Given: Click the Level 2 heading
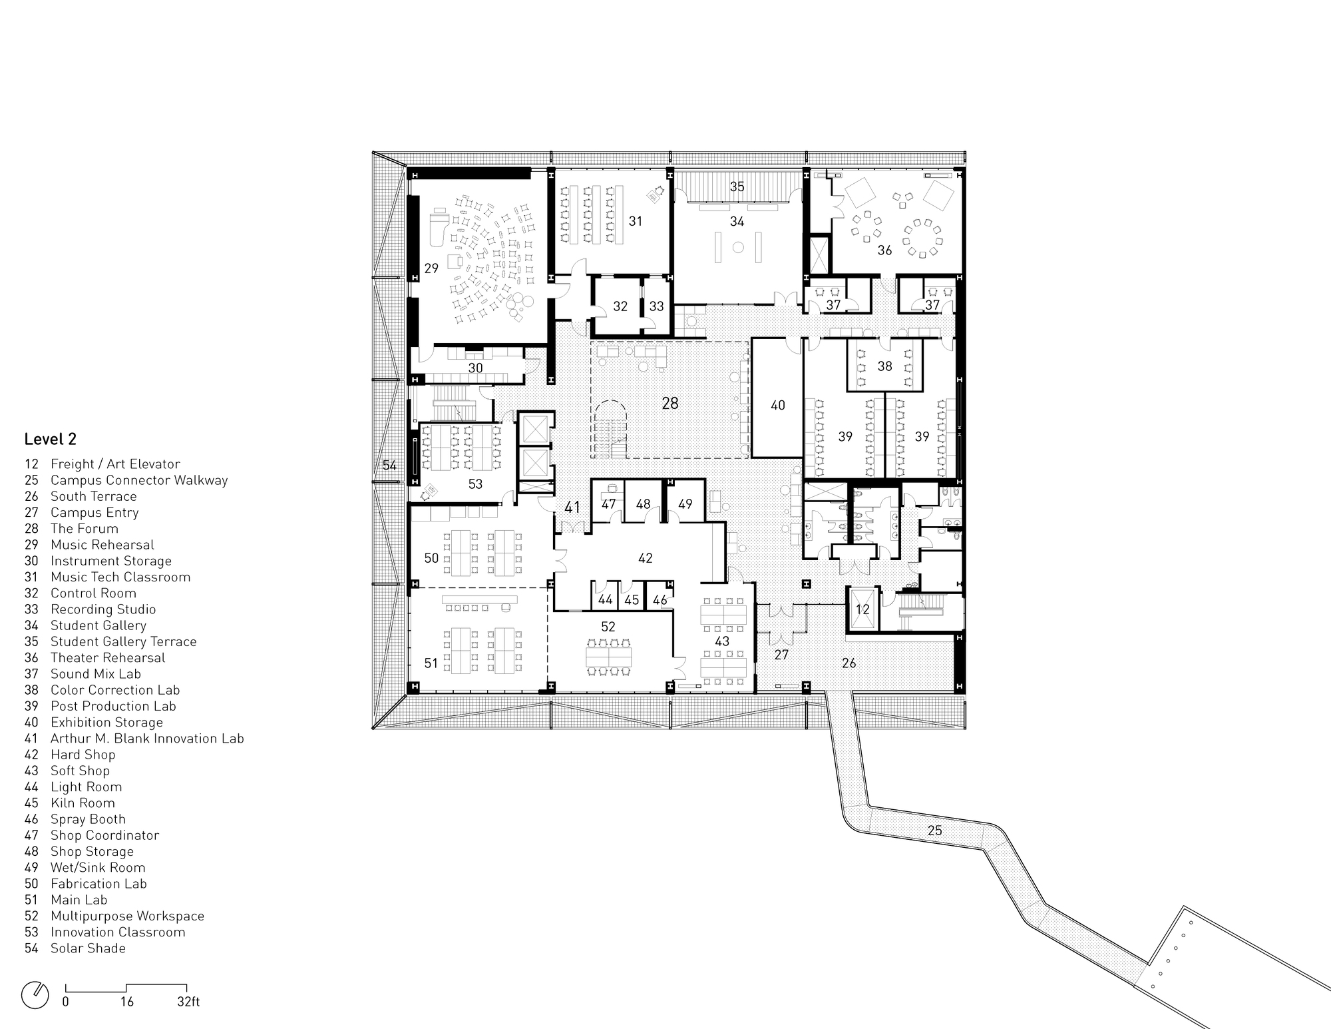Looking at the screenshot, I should coord(51,440).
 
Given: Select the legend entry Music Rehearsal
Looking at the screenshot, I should coord(102,545).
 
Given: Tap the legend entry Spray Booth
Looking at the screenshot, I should coord(88,819).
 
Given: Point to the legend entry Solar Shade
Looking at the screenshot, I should coord(88,948).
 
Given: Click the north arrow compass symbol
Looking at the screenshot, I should coord(35,995).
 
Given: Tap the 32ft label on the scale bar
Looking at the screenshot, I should coord(188,1002).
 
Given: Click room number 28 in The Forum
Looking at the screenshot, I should coord(670,403).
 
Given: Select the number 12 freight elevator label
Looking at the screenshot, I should coord(862,609).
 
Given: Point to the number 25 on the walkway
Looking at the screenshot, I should coord(934,831).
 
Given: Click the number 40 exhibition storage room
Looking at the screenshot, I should coord(777,405).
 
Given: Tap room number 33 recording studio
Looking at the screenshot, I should coord(656,306).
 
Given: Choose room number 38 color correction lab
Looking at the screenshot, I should coord(884,366).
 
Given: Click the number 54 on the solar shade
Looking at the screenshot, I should coord(389,465).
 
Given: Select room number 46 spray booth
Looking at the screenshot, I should coord(660,600).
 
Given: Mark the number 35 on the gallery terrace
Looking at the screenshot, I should coord(737,186).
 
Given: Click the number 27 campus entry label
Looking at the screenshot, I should coord(781,655).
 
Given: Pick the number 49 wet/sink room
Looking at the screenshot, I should coord(685,504).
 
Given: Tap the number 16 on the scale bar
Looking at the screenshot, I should coord(126,1002).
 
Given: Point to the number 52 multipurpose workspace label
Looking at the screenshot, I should coord(608,627).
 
